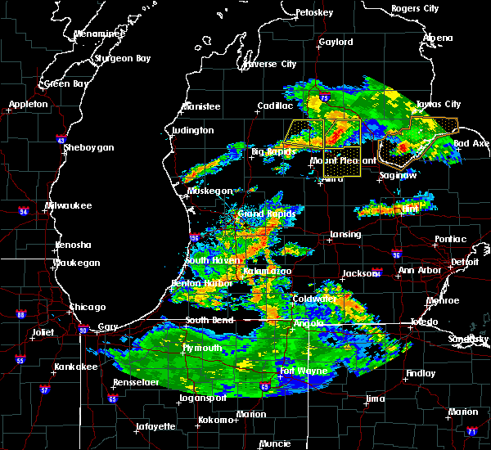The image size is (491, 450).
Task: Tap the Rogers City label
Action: tap(416, 8)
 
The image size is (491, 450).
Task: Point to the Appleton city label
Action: tap(29, 105)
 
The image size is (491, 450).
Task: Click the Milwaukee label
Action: tap(69, 205)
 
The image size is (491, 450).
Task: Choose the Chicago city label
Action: tap(88, 307)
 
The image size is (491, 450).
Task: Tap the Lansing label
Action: tap(345, 235)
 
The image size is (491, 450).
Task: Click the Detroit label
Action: tap(464, 262)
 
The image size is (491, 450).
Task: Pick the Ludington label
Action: tap(193, 131)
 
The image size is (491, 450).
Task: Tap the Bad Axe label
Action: tap(471, 143)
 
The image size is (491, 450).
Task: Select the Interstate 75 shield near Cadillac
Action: tap(325, 99)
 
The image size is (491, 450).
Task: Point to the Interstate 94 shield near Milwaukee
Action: tap(24, 212)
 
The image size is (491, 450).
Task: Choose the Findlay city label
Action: tap(421, 373)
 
